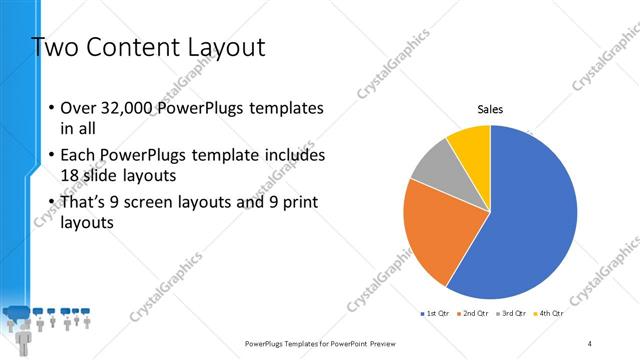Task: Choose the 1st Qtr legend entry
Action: (x=436, y=314)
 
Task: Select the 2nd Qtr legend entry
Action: (x=474, y=314)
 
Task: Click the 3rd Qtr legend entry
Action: (x=512, y=314)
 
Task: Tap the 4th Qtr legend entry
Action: (x=549, y=314)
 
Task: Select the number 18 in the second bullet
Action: (x=71, y=175)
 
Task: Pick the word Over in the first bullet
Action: (x=79, y=108)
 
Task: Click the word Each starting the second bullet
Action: (x=80, y=156)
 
